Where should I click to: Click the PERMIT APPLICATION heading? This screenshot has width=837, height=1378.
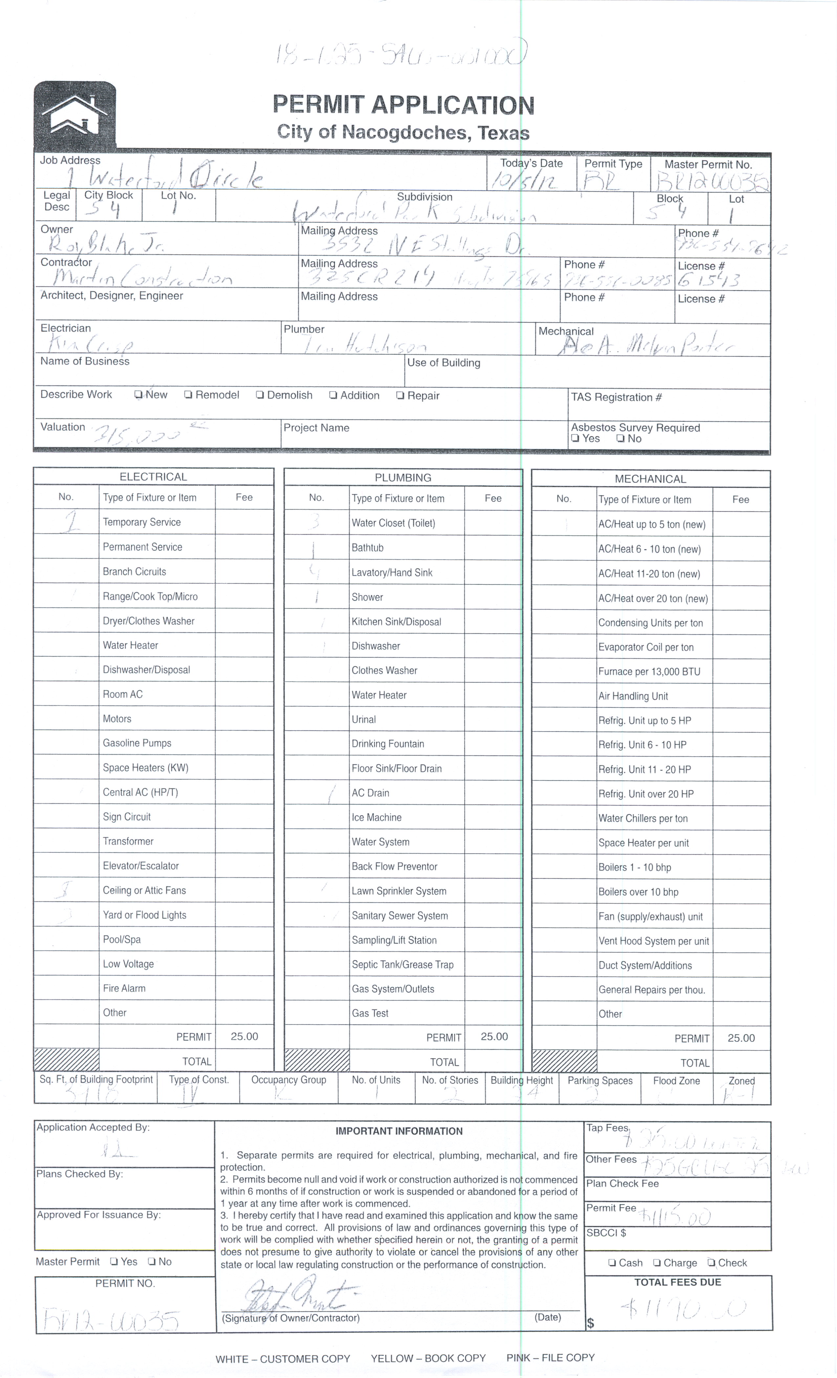(x=403, y=105)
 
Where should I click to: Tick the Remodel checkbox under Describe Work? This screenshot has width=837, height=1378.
(x=188, y=395)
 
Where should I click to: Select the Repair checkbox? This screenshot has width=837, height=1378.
(x=400, y=395)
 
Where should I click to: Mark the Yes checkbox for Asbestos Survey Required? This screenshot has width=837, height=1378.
(x=575, y=438)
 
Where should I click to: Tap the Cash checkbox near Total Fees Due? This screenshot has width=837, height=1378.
(x=612, y=1263)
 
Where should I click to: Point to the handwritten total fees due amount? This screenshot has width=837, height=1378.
(x=683, y=1309)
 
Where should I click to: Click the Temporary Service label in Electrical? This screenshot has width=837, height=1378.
(x=141, y=522)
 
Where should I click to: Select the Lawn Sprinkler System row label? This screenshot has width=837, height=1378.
(x=399, y=891)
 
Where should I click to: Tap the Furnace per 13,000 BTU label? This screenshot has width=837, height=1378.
(x=649, y=672)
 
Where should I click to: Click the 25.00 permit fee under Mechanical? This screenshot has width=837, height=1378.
(x=741, y=1038)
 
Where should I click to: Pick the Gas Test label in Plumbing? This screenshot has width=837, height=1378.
(x=370, y=1013)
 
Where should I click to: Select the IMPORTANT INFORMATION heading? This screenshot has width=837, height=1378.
(x=399, y=1131)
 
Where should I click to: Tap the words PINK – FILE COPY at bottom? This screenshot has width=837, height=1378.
(x=550, y=1358)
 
